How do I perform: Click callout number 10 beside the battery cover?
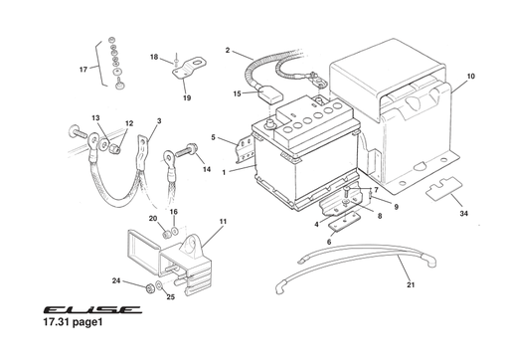pyautogui.click(x=470, y=76)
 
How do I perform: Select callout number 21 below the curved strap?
pyautogui.click(x=410, y=284)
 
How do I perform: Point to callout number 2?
pyautogui.click(x=228, y=50)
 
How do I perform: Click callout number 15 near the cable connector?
pyautogui.click(x=237, y=94)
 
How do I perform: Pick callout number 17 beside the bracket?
pyautogui.click(x=84, y=70)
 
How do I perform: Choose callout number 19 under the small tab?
pyautogui.click(x=186, y=98)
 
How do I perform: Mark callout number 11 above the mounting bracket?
pyautogui.click(x=223, y=221)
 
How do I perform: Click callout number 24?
pyautogui.click(x=115, y=281)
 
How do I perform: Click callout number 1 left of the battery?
pyautogui.click(x=225, y=172)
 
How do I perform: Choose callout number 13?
pyautogui.click(x=96, y=118)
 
